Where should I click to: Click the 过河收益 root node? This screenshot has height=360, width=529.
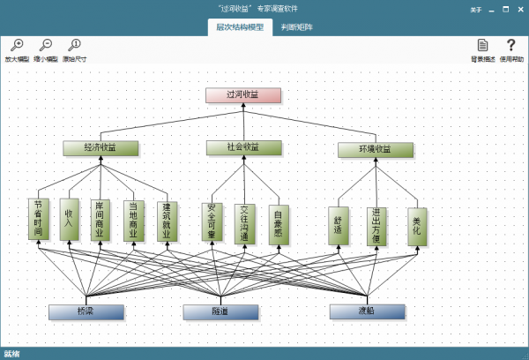tap(243, 95)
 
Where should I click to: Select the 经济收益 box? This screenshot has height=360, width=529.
tap(101, 148)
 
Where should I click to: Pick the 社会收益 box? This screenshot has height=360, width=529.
tap(244, 147)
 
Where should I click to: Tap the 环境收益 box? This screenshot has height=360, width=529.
tap(375, 150)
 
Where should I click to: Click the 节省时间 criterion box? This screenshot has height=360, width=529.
tap(38, 220)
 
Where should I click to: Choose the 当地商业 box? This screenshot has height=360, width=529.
tap(133, 220)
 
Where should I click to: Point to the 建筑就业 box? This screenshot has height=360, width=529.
tap(166, 221)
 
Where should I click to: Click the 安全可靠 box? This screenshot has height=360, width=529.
tap(212, 223)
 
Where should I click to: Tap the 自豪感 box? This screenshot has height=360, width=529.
tap(279, 223)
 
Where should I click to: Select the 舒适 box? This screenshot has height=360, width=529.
tap(339, 226)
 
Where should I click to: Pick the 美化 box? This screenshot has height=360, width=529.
tap(417, 226)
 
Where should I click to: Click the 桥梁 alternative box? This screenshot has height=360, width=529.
tap(86, 312)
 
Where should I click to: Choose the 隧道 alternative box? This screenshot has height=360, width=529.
tap(220, 312)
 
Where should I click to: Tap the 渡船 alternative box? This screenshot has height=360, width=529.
tap(367, 312)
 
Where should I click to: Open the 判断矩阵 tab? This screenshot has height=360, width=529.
tap(297, 27)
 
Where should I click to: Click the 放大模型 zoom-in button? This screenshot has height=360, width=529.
tap(16, 48)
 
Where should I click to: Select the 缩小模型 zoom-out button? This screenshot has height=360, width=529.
tap(46, 48)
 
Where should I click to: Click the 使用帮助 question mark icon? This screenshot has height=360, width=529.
tap(510, 48)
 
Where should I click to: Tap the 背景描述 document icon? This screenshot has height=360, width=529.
tap(482, 48)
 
